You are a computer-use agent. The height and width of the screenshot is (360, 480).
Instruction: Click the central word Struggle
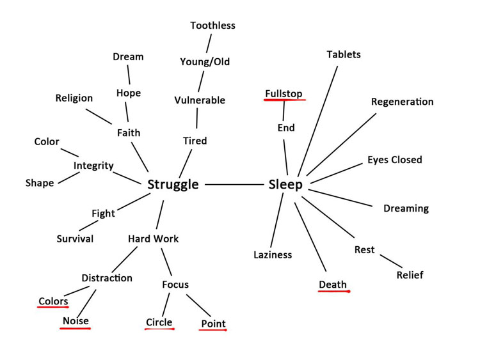(173, 185)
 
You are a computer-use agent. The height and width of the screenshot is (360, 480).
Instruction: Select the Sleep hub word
(285, 185)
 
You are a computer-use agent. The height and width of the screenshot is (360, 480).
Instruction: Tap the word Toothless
(212, 26)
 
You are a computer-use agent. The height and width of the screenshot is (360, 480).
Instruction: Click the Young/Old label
(205, 62)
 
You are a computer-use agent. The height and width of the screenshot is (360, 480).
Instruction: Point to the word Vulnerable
(200, 100)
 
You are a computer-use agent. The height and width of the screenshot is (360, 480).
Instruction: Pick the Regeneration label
(403, 102)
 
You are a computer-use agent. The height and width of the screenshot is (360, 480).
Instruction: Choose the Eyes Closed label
(395, 159)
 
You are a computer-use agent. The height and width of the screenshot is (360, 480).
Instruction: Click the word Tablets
(344, 54)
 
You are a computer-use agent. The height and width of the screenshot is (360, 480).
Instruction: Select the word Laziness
(273, 254)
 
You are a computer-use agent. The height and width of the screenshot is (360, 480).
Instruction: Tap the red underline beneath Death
(334, 291)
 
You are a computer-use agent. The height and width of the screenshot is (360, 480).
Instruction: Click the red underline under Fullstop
(285, 99)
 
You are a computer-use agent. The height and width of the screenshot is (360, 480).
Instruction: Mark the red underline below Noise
(76, 329)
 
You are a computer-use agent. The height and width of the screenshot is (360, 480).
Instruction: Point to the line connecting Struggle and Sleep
(234, 184)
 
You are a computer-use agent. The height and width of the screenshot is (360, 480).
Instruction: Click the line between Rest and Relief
(391, 261)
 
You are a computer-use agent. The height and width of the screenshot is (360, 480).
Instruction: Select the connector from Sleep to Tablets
(317, 121)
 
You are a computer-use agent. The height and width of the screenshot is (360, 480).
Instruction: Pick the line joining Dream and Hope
(129, 75)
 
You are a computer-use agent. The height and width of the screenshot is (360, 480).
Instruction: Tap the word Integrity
(93, 166)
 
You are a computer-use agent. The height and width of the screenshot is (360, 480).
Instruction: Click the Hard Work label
(153, 239)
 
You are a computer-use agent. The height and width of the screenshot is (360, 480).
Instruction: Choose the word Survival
(75, 239)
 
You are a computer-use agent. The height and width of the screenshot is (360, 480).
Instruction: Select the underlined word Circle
(159, 322)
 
